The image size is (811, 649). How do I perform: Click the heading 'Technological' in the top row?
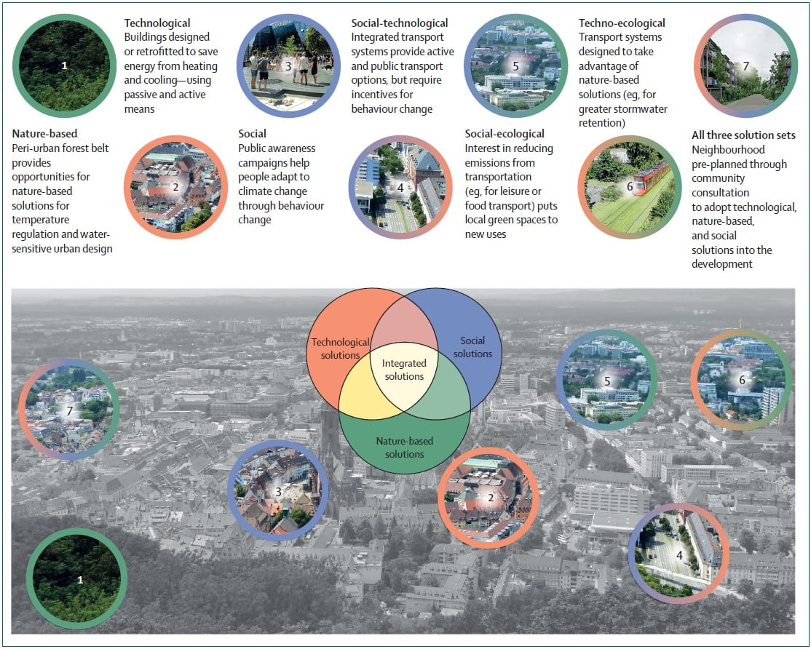click(x=157, y=23)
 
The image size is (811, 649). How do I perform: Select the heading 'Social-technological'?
click(x=399, y=23)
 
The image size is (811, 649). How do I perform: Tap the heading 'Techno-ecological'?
click(x=622, y=23)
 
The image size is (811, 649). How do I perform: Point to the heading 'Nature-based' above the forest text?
click(x=44, y=133)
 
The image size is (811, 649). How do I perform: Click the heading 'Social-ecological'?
click(x=505, y=134)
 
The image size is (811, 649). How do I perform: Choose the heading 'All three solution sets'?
click(x=743, y=135)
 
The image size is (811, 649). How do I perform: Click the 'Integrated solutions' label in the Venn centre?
click(x=405, y=370)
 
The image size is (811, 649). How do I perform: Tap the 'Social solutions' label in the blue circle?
click(x=472, y=347)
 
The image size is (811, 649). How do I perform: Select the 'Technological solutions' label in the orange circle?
click(x=340, y=349)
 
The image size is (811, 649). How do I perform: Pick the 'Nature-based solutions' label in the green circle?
click(x=405, y=447)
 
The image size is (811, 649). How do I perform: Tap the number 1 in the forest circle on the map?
click(x=80, y=580)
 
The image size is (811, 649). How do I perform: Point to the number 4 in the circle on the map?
click(x=679, y=555)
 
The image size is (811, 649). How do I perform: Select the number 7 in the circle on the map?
click(x=70, y=411)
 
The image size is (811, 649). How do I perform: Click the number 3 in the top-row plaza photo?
click(x=288, y=66)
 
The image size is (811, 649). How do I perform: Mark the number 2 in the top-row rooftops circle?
click(x=175, y=186)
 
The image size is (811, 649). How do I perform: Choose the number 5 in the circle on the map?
click(x=607, y=381)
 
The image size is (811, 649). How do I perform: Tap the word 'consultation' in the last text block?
click(x=721, y=193)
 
